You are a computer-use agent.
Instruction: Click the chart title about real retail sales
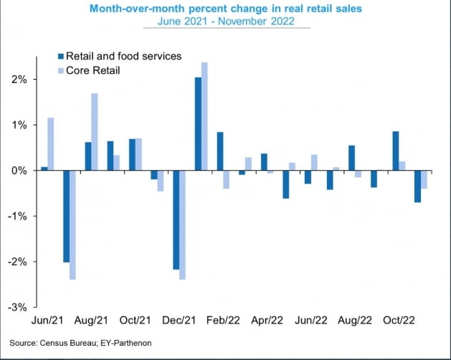[226, 9]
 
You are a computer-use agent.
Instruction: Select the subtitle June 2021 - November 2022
[226, 22]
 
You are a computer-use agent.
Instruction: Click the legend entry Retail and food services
[121, 56]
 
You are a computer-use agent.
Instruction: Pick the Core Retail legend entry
[97, 70]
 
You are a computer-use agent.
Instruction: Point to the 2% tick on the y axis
[19, 80]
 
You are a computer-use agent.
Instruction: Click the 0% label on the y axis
[19, 171]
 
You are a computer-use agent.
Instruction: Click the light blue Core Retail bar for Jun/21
[51, 144]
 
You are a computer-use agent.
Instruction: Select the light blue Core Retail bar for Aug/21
[95, 132]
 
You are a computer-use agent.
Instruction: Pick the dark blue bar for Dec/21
[176, 220]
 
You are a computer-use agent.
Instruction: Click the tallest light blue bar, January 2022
[204, 116]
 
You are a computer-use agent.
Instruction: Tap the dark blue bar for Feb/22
[219, 151]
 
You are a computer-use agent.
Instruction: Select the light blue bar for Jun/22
[314, 163]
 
